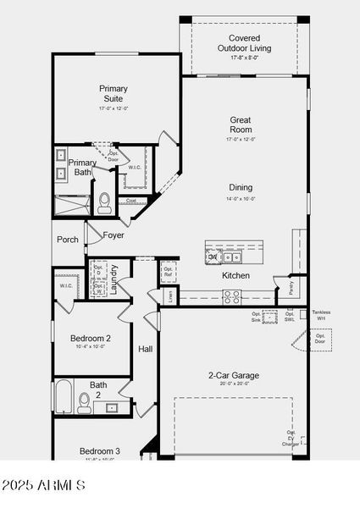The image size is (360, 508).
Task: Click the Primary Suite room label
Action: [113, 94]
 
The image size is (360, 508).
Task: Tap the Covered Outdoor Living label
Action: [245, 43]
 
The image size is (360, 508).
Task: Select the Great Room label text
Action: [241, 124]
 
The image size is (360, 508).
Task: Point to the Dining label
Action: [241, 188]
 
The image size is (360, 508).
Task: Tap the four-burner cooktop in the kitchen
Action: [231, 296]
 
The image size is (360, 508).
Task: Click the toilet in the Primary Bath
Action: [105, 202]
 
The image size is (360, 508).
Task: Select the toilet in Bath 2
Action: [85, 401]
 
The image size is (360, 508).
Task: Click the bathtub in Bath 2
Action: [64, 397]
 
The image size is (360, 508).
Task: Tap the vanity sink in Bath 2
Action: [111, 407]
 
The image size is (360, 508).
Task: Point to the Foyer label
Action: [114, 235]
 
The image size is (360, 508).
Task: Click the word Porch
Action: [68, 240]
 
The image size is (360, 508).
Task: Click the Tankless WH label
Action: [321, 315]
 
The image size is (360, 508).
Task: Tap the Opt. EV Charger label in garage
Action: [291, 439]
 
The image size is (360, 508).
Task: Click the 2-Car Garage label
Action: [234, 375]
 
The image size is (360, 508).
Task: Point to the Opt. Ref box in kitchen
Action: [168, 271]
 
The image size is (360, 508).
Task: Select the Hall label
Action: [146, 349]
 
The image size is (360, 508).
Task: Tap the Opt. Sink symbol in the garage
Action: [270, 317]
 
